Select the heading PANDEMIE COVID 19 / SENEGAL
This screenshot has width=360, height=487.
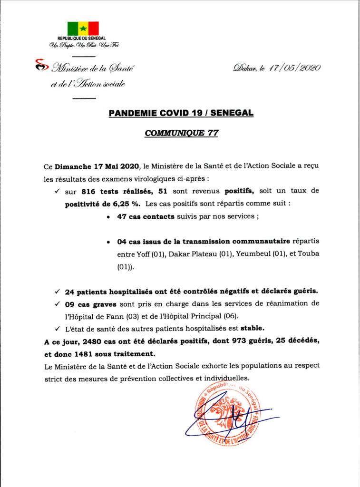[x=181, y=113]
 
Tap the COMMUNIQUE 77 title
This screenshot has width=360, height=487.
[x=181, y=134]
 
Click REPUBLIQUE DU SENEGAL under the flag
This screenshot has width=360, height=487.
[x=82, y=38]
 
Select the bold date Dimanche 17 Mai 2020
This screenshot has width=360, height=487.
[x=96, y=167]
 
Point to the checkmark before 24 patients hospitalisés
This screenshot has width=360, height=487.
[x=58, y=291]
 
